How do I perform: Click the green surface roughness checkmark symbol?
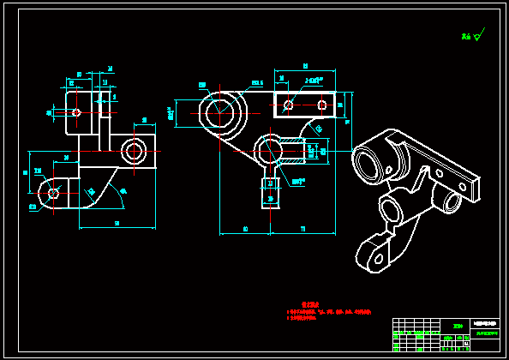476,36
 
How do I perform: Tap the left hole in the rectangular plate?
288,105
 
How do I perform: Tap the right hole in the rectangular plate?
322,105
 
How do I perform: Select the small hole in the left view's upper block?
76,112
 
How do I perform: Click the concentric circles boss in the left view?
133,152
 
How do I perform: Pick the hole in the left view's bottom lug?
54,192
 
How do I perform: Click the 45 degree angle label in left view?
123,190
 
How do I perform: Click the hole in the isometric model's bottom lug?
372,259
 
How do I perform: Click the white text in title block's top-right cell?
485,323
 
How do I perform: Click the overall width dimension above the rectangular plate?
306,66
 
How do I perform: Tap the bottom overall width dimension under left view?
117,224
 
